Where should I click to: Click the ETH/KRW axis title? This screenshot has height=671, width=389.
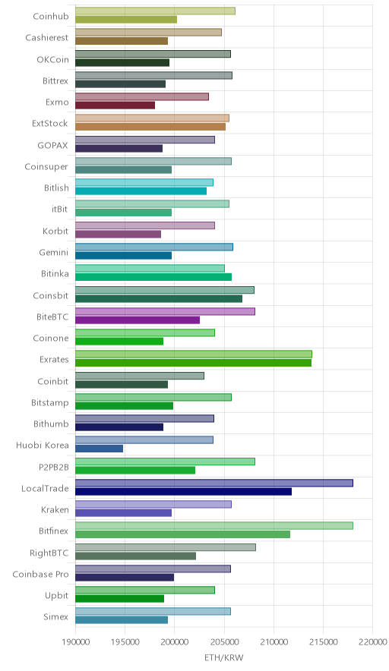coord(223,657)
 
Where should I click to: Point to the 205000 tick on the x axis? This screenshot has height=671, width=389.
coord(223,642)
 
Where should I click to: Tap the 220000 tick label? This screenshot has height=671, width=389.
coord(372,642)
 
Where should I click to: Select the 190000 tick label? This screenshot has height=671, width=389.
coord(75,642)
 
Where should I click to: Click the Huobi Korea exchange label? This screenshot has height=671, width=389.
coord(42,445)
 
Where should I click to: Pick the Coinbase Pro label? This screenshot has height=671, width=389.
coord(40,574)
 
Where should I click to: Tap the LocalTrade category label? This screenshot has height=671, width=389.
coord(45,488)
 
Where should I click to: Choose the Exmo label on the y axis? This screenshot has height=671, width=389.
coord(57,102)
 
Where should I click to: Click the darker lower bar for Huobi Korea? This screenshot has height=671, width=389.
coord(99,449)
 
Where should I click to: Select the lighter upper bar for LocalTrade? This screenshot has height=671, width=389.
coord(214,483)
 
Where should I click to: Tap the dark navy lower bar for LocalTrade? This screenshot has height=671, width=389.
coord(183,491)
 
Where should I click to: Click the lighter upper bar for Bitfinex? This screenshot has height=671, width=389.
coord(214,525)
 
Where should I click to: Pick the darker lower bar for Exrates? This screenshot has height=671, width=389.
coord(193,363)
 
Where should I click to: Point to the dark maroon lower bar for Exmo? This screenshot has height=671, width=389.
coord(115,106)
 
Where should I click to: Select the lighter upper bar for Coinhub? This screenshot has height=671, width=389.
coord(155,11)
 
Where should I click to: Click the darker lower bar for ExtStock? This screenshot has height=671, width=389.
coord(150,127)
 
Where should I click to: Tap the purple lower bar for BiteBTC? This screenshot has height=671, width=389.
coord(138,320)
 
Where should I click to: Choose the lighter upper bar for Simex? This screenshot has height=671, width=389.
coord(153,612)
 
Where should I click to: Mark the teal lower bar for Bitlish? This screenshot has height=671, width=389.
coord(141,191)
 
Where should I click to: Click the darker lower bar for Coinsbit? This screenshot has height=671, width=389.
coord(159,298)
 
